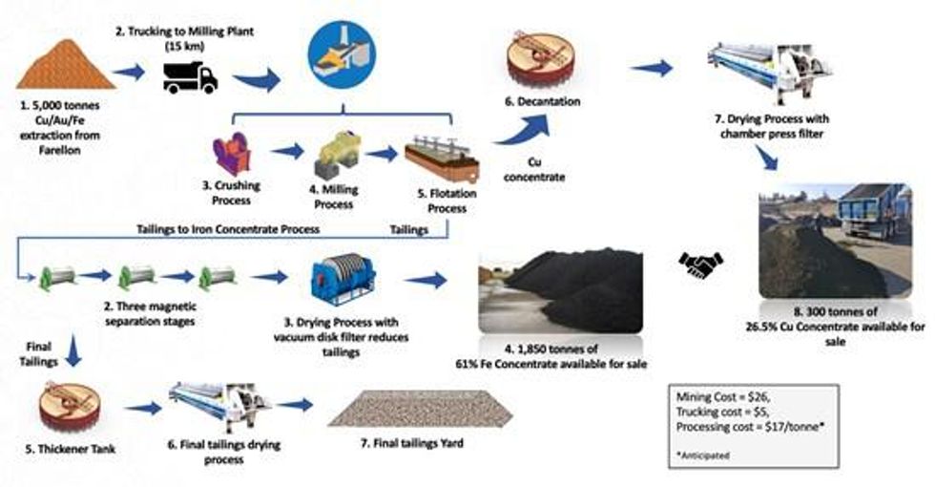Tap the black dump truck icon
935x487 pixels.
pos(190,76)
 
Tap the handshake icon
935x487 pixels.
pos(701,263)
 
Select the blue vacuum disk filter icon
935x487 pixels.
pos(343,279)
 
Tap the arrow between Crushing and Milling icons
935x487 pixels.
pos(286,151)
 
